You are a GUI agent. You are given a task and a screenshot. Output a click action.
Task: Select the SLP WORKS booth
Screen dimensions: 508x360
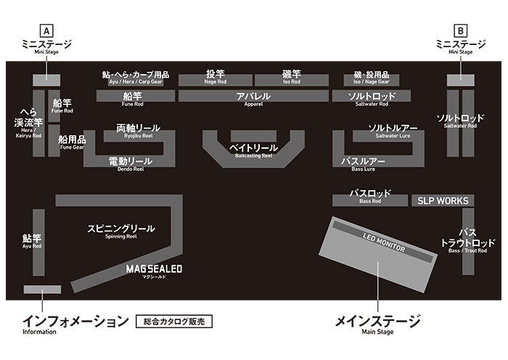(x=443, y=200)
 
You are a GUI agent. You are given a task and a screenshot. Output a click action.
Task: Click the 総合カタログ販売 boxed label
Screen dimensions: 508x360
(x=175, y=320)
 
